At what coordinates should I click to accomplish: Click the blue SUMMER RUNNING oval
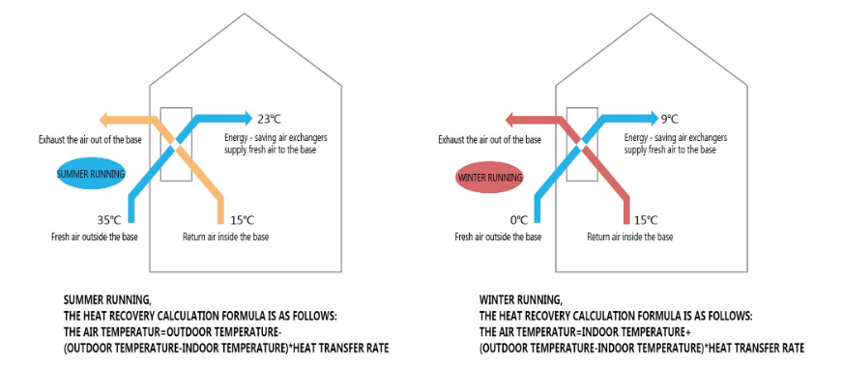pos(91,175)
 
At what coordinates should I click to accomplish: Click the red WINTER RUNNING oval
pos(489,178)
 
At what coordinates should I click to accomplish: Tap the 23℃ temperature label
pos(268,119)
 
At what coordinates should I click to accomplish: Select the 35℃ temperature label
pos(108,219)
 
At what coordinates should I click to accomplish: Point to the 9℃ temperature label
pos(669,119)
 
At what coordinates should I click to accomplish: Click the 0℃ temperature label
pos(519,219)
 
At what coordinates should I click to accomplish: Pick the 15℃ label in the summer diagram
pos(242,219)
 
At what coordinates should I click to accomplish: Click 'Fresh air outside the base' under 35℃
pos(94,237)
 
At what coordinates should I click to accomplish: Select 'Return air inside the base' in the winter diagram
pos(630,237)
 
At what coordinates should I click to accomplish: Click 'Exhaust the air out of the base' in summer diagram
pos(84,139)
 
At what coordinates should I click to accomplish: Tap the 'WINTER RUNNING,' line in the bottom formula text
pos(519,299)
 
